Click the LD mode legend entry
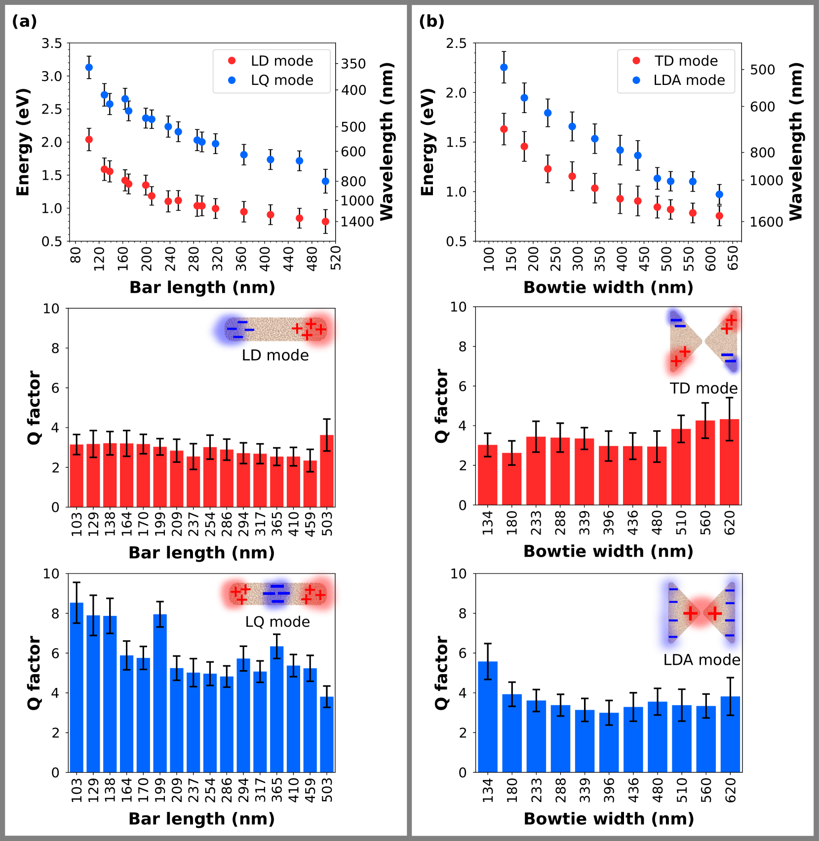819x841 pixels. pos(281,61)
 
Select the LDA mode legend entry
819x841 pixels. pos(689,80)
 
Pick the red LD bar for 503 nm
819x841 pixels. pos(327,471)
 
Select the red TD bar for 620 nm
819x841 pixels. pos(730,462)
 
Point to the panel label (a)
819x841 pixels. pos(24,21)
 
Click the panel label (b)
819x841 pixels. pos(431,21)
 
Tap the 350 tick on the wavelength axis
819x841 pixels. pos(353,64)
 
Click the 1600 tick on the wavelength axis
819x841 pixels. pos(766,222)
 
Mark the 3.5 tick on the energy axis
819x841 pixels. pos(52,44)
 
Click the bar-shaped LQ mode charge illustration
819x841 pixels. pos(278,594)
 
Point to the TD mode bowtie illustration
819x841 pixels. pos(703,341)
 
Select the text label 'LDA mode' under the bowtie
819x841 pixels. pos(702,660)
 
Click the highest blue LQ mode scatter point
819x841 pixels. pos(89,67)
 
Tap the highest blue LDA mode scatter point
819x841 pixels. pos(504,67)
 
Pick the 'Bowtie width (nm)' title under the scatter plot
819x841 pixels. pos(608,287)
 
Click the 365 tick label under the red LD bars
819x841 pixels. pos(277,524)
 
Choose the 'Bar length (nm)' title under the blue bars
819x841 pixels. pos(201,818)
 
